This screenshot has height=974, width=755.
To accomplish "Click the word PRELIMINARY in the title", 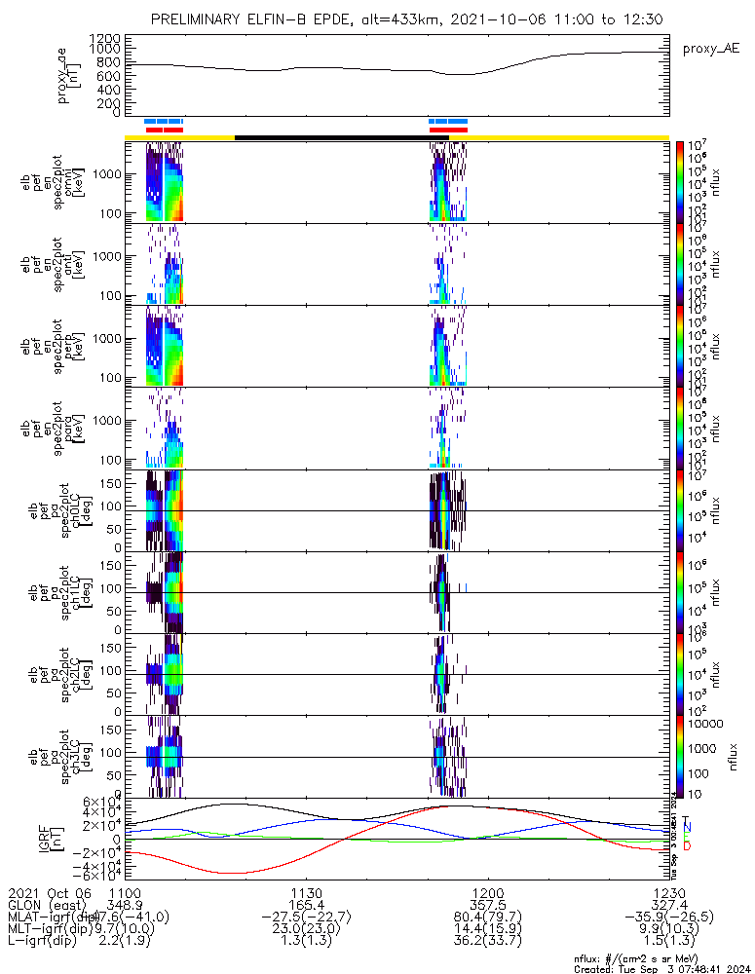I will pyautogui.click(x=198, y=20).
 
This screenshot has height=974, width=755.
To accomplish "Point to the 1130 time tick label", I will pyautogui.click(x=307, y=893).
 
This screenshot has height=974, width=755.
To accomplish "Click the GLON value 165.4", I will pyautogui.click(x=307, y=905).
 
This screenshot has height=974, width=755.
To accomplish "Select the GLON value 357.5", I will pyautogui.click(x=488, y=905).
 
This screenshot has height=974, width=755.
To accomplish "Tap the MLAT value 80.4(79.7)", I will pyautogui.click(x=488, y=917).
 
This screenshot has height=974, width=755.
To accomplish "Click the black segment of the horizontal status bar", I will pyautogui.click(x=331, y=137).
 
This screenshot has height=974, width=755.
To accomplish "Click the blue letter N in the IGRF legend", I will pyautogui.click(x=688, y=827).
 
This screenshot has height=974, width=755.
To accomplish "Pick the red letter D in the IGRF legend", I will pyautogui.click(x=688, y=846).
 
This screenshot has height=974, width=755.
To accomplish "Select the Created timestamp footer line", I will pyautogui.click(x=663, y=969).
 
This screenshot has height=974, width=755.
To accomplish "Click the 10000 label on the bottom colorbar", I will pyautogui.click(x=705, y=724).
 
